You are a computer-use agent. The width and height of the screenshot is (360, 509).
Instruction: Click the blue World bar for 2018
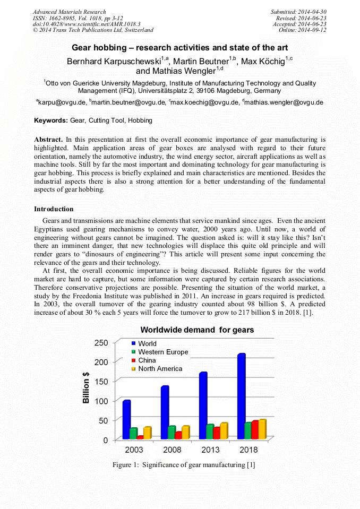coord(241,396)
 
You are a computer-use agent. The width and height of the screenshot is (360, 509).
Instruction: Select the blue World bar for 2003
coord(126,419)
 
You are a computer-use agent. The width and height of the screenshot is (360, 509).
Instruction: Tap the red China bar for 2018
coord(255,430)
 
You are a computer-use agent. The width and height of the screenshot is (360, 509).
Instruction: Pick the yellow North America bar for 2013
coord(224,431)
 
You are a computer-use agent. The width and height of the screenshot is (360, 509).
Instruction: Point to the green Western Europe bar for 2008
coord(172,433)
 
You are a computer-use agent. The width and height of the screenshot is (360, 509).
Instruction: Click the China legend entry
coord(147,360)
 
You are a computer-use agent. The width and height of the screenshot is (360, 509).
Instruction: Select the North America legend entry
coord(160,368)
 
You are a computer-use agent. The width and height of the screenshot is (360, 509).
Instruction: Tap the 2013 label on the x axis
coord(210,450)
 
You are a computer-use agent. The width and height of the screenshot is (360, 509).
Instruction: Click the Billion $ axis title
coord(86,387)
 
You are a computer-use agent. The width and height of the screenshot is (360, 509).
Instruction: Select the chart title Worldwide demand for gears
coord(197,330)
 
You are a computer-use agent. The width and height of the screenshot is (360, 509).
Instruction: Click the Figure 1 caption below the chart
coord(184,465)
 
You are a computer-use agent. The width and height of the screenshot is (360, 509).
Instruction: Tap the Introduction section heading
coord(54,209)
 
